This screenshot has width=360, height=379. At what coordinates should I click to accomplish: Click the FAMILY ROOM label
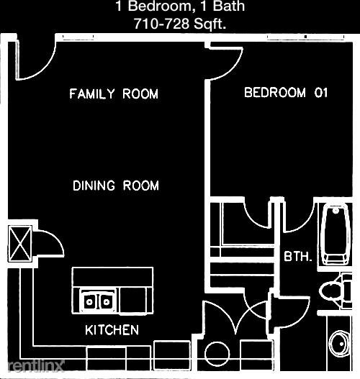click(114, 94)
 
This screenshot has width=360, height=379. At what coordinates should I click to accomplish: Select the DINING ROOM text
click(116, 186)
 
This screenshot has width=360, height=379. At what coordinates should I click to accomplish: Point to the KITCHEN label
click(112, 330)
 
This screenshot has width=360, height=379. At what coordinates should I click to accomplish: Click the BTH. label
click(297, 256)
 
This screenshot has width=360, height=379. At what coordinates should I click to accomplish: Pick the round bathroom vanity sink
click(339, 344)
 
